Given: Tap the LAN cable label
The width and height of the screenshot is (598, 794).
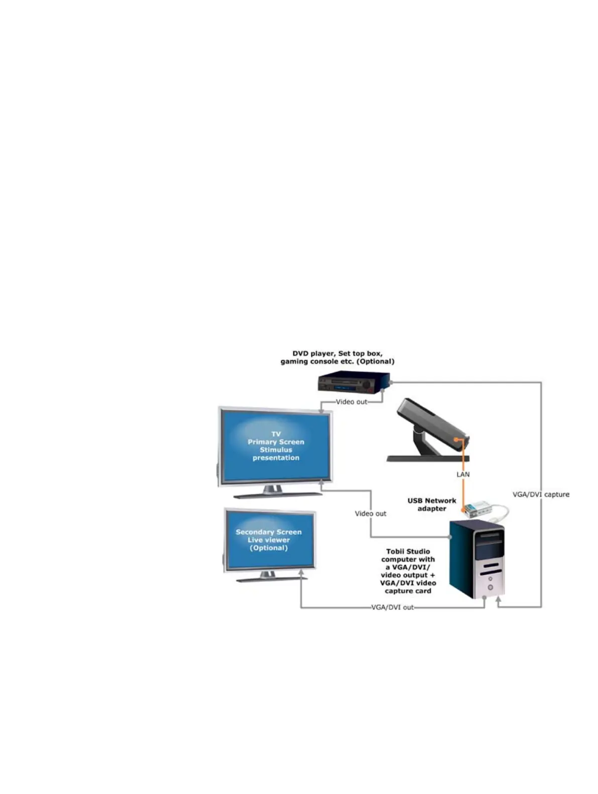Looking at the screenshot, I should click(x=463, y=474).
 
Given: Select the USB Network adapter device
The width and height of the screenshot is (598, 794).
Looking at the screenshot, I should click(x=477, y=509).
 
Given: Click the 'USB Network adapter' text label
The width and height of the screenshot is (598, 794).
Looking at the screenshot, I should click(x=432, y=504).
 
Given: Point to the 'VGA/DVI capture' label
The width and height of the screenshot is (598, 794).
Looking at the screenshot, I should click(x=541, y=494).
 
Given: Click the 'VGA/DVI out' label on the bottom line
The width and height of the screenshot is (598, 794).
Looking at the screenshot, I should click(x=393, y=607).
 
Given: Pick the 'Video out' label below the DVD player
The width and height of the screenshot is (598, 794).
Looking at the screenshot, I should click(x=351, y=402).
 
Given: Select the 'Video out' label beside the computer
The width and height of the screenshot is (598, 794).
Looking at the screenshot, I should click(x=371, y=513).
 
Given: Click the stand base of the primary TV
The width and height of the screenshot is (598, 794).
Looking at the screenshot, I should click(x=278, y=494).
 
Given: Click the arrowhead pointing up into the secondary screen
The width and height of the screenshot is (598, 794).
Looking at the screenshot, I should click(x=301, y=572).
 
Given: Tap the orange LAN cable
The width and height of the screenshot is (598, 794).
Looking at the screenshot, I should click(x=462, y=487).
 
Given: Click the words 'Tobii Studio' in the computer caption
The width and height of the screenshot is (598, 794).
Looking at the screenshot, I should click(x=408, y=551).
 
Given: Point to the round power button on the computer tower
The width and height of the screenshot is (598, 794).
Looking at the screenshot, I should click(x=490, y=587).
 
